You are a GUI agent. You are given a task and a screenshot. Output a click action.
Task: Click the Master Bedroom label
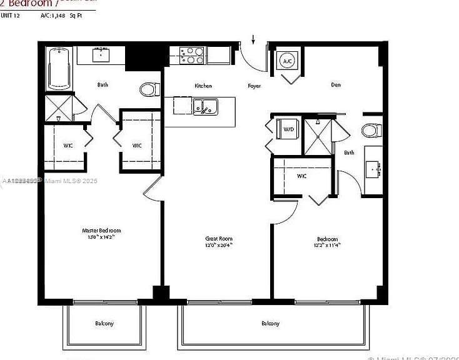coord(101,230)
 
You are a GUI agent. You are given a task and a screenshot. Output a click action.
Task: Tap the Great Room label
coord(219,238)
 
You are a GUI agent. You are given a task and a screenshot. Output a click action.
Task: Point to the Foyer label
coord(254,86)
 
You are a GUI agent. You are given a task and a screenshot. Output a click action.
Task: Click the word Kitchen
coord(203,86)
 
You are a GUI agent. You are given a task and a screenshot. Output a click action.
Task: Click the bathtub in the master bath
coord(60,68)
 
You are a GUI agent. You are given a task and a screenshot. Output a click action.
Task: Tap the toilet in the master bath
coord(149,89)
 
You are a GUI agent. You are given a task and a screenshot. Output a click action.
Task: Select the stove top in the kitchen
coord(192,56)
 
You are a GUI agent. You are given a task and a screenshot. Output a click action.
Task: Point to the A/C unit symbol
coord(288,61)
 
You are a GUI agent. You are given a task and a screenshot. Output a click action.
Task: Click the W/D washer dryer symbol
coord(288,129)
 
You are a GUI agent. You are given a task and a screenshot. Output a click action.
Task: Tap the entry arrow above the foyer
coord(253,41)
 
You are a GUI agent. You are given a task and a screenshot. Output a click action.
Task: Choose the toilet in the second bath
coord(371,131)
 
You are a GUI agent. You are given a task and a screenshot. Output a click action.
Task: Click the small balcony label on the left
coord(104,323)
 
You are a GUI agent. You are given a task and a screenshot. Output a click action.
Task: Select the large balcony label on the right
coord(270,323)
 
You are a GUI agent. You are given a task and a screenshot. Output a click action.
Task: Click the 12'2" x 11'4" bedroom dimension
coord(326,246)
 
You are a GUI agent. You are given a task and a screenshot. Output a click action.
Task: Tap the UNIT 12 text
coord(11,15)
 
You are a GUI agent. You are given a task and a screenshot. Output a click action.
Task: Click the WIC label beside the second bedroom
coord(302,176)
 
